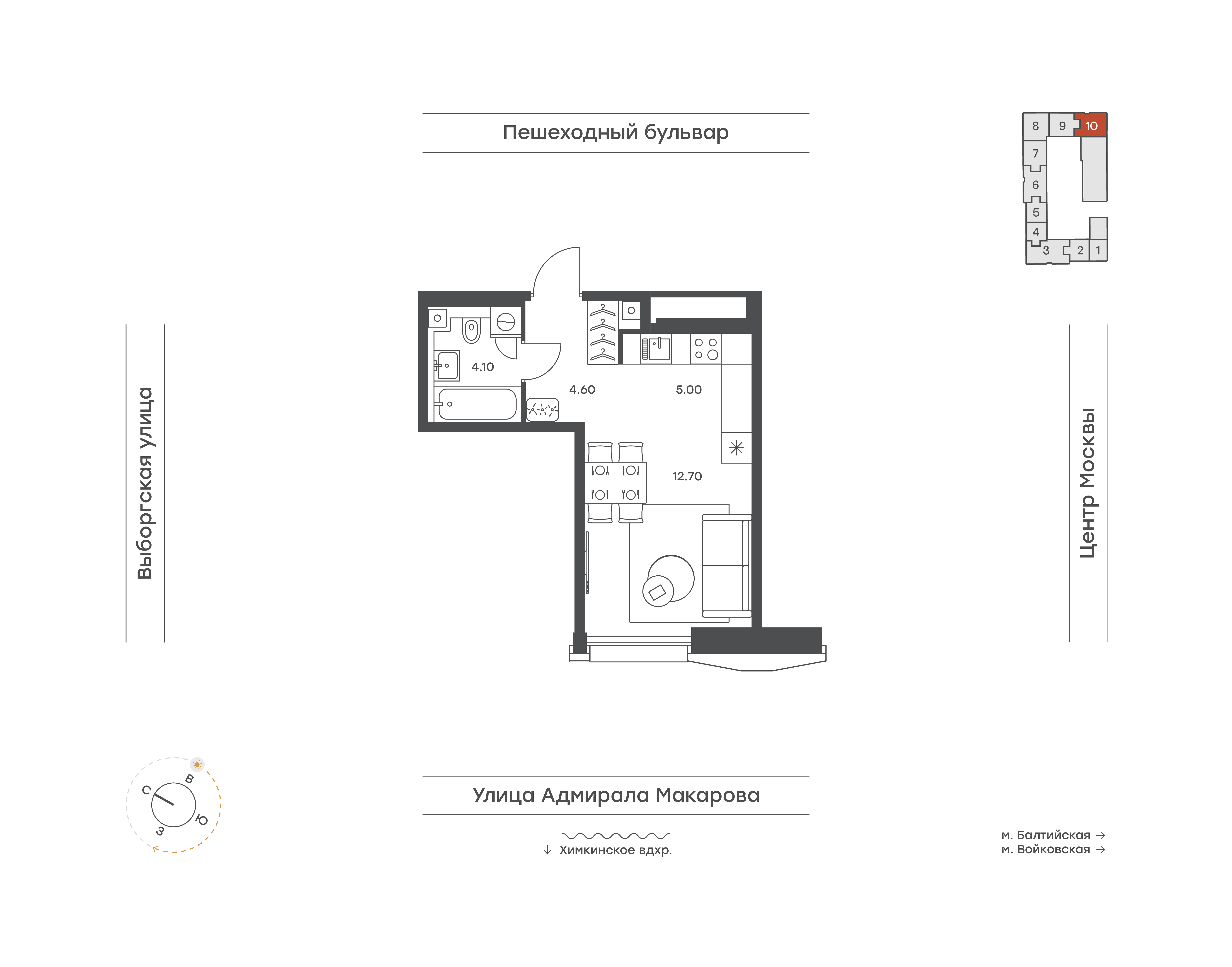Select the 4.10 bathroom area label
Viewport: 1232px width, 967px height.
(482, 367)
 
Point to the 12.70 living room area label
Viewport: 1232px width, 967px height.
(687, 476)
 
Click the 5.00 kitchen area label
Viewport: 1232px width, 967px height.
(688, 390)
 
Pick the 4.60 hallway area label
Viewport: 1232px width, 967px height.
(582, 390)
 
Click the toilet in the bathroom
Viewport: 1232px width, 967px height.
(471, 330)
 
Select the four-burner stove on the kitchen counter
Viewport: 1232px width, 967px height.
(706, 349)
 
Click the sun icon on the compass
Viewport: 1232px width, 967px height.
(197, 764)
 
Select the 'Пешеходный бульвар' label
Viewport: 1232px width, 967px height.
(615, 132)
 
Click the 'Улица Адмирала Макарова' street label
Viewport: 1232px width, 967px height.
(616, 795)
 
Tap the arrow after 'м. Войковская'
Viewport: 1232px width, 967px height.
(1101, 849)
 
